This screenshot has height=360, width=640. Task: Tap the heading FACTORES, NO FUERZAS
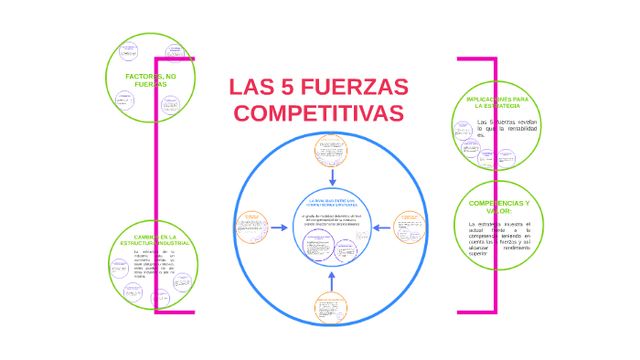click(x=151, y=79)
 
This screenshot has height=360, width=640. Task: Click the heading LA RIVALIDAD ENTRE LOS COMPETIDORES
click(x=332, y=202)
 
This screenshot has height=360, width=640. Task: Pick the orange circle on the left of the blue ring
click(x=253, y=228)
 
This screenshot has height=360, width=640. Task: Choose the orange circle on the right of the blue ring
click(x=410, y=228)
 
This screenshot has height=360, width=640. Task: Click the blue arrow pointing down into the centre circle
click(x=333, y=176)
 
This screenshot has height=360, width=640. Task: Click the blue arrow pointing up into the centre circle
click(x=332, y=278)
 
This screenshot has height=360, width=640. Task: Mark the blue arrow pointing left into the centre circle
click(x=382, y=228)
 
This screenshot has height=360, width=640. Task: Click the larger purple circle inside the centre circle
click(x=319, y=249)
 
